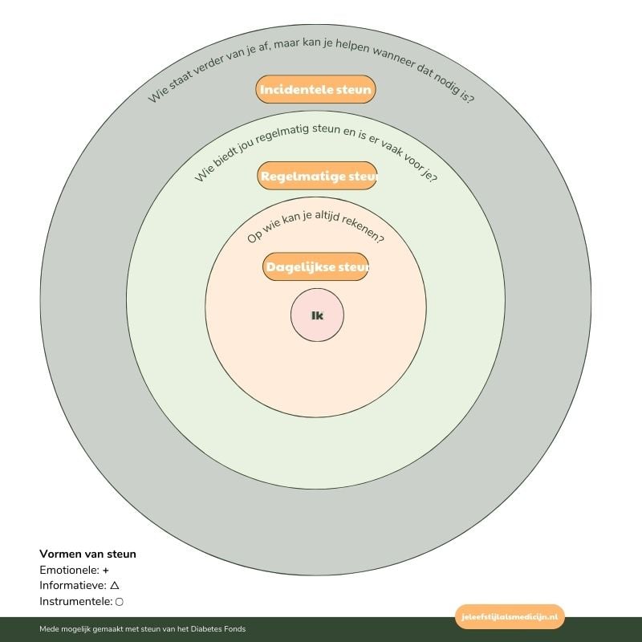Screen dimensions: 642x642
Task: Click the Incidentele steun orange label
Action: pos(315,90)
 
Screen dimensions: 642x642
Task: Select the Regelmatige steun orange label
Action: pos(317,176)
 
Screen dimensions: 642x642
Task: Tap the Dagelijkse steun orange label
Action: pos(315,266)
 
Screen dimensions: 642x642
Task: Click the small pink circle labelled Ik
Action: pos(317,315)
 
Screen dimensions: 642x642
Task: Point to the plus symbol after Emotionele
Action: pos(106,570)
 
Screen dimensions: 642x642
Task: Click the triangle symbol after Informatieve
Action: pos(115,586)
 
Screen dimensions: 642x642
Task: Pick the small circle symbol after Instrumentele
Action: pos(120,602)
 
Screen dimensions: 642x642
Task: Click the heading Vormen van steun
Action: pos(87,554)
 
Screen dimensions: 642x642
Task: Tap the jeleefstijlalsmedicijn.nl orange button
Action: pos(510,616)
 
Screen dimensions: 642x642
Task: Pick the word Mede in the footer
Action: pos(47,629)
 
